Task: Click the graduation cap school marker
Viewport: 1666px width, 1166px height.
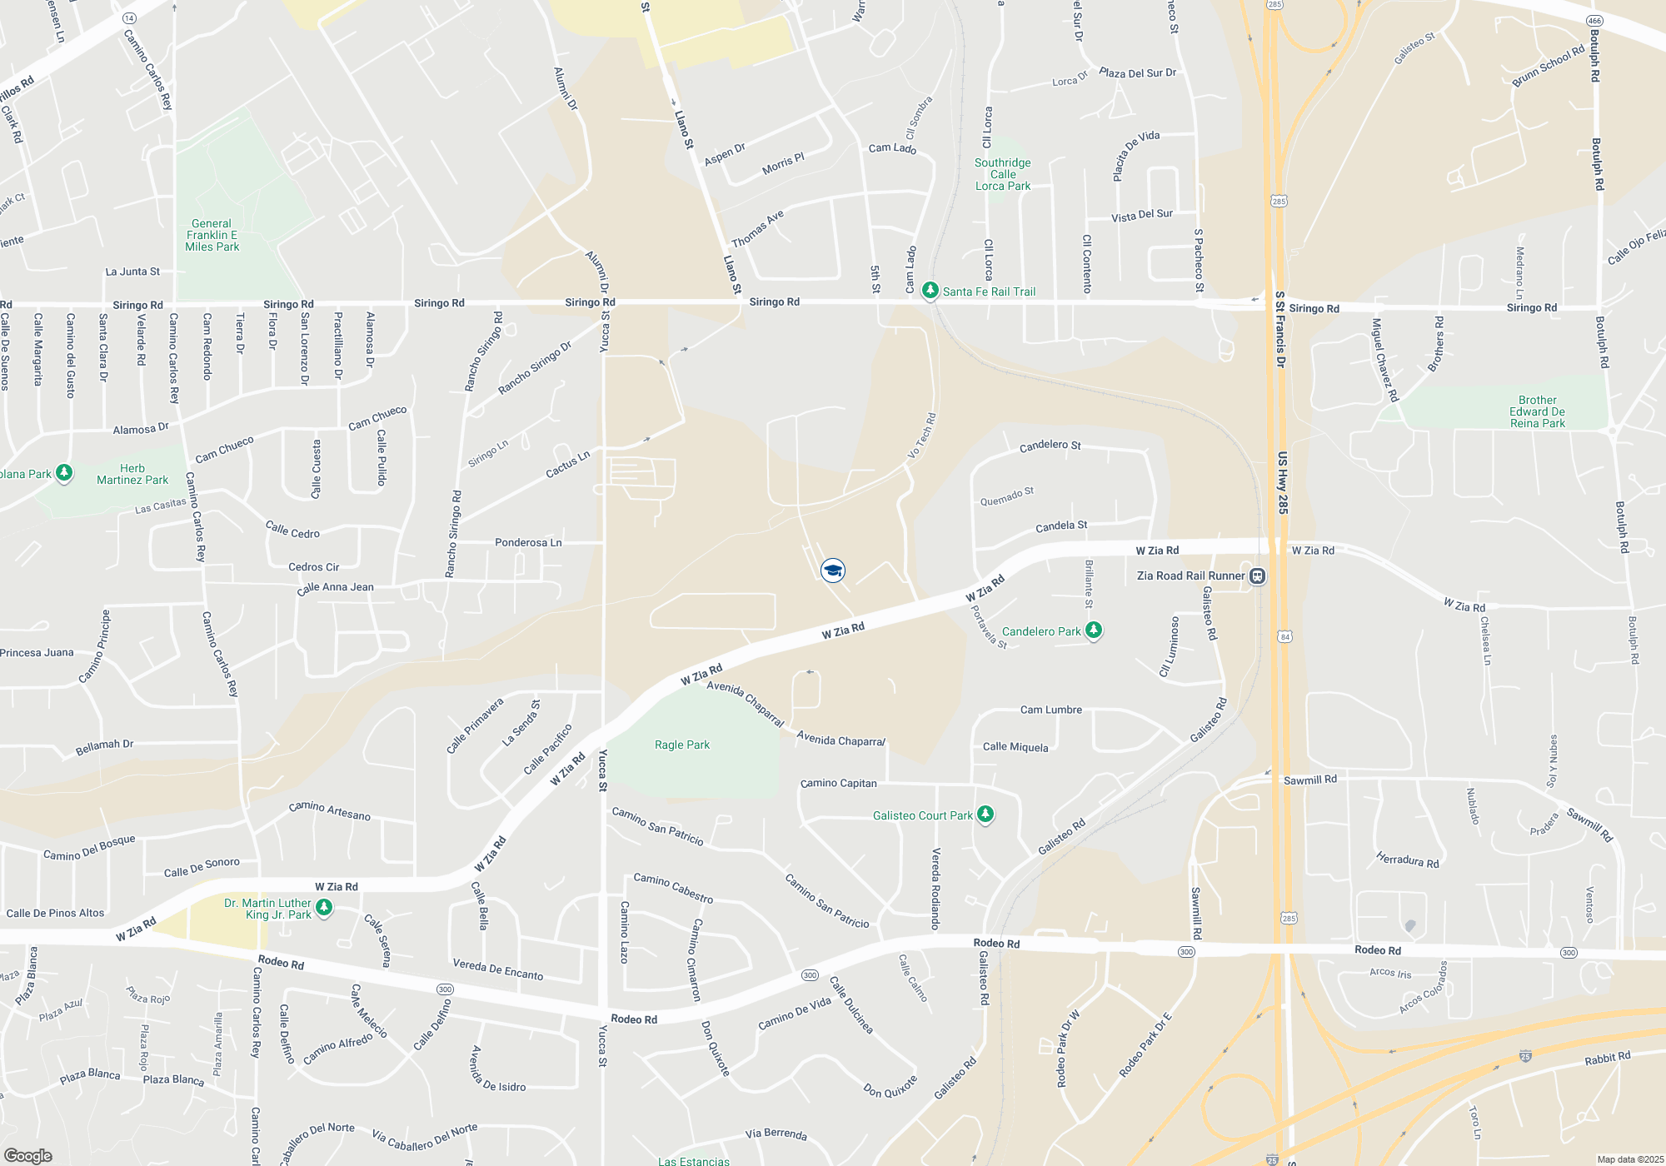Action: (833, 570)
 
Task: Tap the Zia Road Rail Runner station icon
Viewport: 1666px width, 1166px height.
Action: (1258, 576)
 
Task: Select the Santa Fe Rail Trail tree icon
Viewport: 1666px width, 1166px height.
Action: (930, 291)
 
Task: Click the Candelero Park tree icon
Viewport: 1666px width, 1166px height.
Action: (1094, 630)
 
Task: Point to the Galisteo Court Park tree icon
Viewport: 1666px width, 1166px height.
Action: (985, 814)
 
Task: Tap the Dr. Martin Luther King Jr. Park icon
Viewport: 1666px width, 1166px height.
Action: (325, 907)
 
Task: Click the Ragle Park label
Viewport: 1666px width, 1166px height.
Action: (682, 745)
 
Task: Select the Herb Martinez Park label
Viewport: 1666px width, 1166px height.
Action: (132, 474)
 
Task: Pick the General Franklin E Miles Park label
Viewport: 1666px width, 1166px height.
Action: (212, 235)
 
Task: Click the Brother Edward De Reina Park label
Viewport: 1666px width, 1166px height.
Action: (1537, 411)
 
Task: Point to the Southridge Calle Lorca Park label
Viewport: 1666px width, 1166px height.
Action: (1003, 174)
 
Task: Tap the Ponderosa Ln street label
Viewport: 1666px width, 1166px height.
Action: (528, 542)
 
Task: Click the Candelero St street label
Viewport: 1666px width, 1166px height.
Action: (1050, 446)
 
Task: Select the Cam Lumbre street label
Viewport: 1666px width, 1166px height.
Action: (1051, 710)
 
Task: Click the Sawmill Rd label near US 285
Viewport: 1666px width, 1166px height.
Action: (1309, 780)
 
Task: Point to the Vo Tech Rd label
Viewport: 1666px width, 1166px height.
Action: (921, 436)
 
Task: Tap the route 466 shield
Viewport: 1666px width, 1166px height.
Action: (1594, 21)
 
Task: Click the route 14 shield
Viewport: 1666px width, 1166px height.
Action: (129, 17)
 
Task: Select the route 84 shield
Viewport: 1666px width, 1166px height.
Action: (1285, 636)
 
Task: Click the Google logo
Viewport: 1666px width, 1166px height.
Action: (28, 1156)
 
